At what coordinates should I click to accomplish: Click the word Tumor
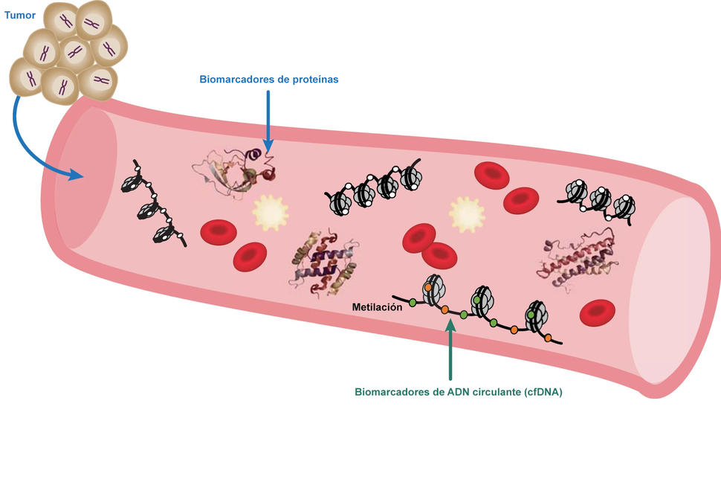[x=19, y=15]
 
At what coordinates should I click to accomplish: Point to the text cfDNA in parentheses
[x=544, y=392]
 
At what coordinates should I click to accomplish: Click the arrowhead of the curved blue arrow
[x=77, y=176]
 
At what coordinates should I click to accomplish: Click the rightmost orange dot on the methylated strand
[x=548, y=338]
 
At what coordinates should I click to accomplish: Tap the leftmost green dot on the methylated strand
[x=412, y=303]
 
